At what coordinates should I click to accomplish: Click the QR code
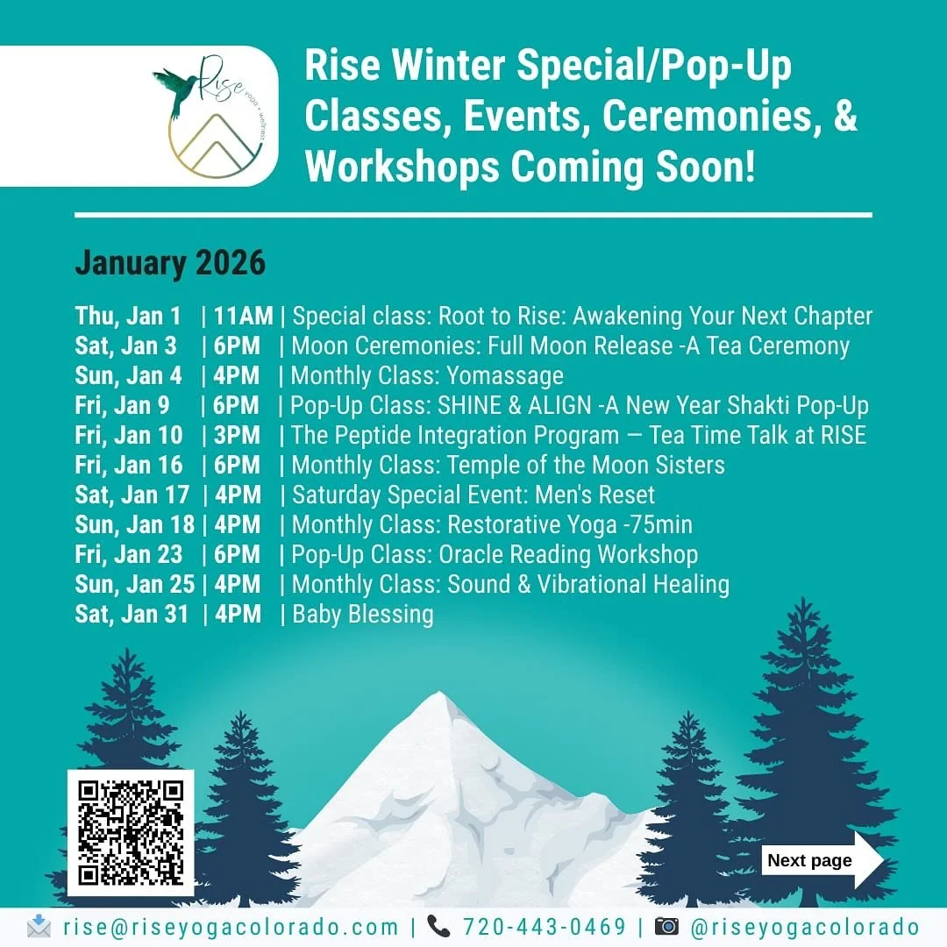pyautogui.click(x=131, y=832)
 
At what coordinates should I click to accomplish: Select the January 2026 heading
pyautogui.click(x=169, y=263)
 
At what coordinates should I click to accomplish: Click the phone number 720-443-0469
pyautogui.click(x=545, y=928)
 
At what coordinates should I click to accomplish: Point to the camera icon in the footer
pyautogui.click(x=667, y=927)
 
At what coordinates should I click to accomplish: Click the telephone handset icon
pyautogui.click(x=438, y=927)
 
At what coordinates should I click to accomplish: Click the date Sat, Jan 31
pyautogui.click(x=132, y=614)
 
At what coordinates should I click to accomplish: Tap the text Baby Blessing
pyautogui.click(x=363, y=614)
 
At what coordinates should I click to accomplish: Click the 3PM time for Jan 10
pyautogui.click(x=237, y=435)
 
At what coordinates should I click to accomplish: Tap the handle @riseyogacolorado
pyautogui.click(x=804, y=928)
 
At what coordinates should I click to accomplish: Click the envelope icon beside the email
pyautogui.click(x=39, y=927)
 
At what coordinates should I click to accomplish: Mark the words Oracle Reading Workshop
pyautogui.click(x=573, y=554)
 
